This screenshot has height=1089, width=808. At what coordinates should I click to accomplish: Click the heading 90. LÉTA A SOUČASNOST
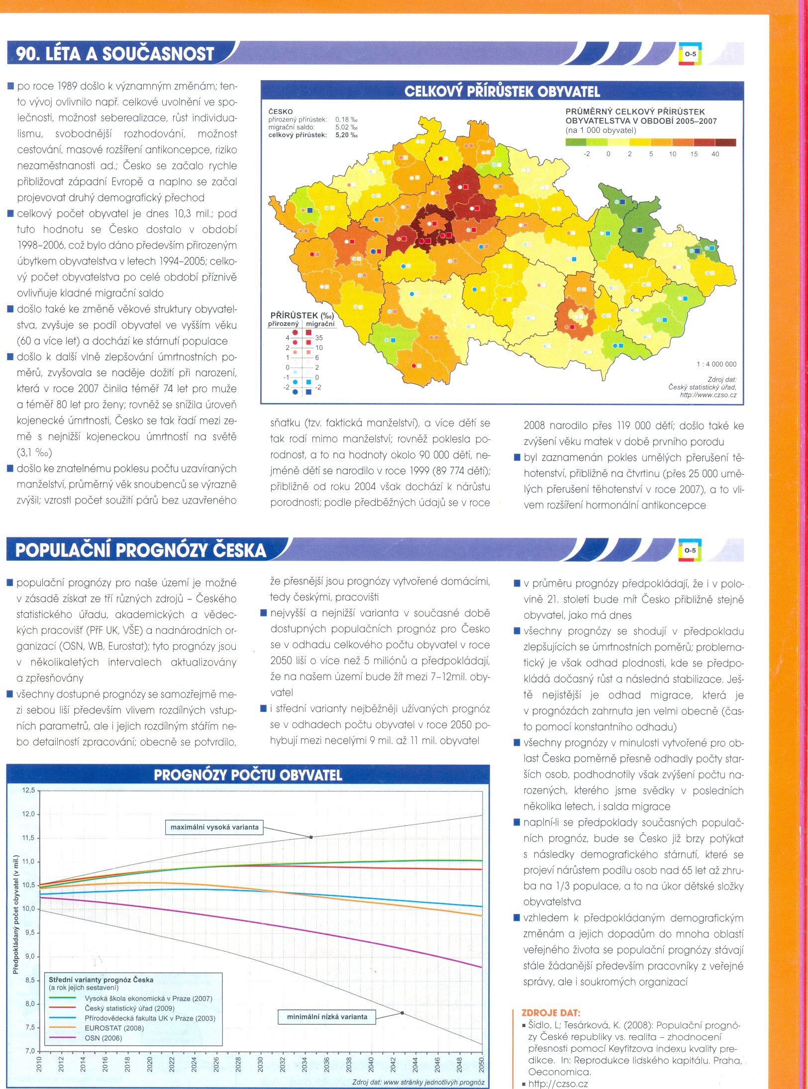(115, 54)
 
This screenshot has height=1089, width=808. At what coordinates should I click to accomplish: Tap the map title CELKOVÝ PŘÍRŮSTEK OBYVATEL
(502, 92)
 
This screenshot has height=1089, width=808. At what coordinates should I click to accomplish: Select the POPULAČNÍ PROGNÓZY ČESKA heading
(141, 550)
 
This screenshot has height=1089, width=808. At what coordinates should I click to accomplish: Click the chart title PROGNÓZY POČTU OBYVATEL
(248, 775)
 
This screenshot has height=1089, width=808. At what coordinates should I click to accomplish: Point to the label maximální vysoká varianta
(214, 827)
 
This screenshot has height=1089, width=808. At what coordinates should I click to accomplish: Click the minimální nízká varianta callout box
(327, 1017)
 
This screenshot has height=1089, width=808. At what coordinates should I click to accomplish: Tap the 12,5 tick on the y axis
(29, 790)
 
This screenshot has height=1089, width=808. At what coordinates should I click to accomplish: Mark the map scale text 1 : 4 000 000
(716, 364)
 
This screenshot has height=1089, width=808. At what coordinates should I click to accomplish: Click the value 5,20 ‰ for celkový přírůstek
(346, 135)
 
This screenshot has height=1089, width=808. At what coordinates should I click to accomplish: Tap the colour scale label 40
(715, 154)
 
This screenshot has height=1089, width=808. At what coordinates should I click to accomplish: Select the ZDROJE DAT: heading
(550, 1012)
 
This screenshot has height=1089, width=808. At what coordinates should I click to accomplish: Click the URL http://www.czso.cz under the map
(708, 395)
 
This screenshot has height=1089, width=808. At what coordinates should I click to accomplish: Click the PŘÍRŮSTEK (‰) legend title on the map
(302, 315)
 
